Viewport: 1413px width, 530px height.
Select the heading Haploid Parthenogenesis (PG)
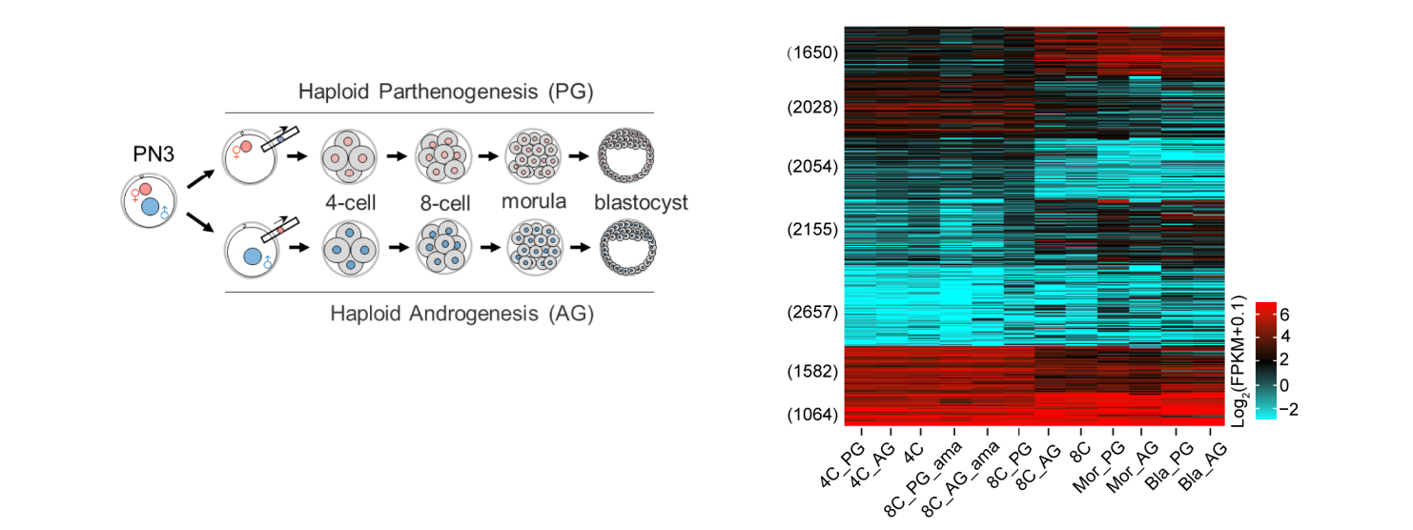pos(445,92)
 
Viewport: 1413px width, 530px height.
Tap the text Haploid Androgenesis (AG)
pos(461,313)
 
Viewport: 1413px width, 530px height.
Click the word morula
pos(534,202)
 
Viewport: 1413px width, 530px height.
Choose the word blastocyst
pos(640,203)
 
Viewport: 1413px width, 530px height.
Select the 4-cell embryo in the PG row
pos(348,154)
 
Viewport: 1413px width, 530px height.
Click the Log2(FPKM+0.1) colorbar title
pos(1240,359)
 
